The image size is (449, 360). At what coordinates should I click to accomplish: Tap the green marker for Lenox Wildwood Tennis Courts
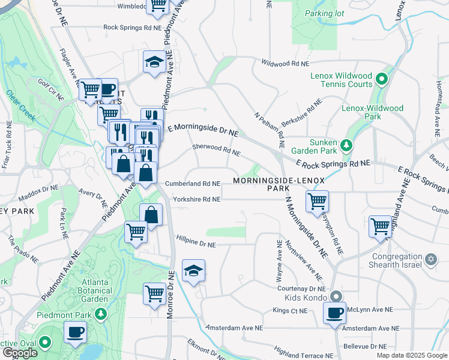[381, 79]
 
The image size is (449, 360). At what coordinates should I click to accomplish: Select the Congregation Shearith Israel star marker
[430, 259]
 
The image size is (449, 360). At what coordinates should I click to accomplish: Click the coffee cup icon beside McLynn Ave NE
[335, 313]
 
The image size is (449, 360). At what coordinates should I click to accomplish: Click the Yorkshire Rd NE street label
[196, 199]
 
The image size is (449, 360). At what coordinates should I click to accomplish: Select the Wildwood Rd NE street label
[285, 63]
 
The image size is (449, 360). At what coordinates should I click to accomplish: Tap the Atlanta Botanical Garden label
[88, 290]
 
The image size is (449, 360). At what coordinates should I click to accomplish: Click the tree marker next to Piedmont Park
[101, 313]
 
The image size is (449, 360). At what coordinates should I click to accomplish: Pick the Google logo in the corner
[20, 353]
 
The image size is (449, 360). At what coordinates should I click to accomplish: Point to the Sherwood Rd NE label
[216, 149]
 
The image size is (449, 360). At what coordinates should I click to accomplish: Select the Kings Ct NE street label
[289, 311]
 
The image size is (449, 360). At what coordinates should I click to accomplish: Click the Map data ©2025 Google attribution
[412, 355]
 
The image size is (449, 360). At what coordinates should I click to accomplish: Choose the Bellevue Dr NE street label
[365, 347]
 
